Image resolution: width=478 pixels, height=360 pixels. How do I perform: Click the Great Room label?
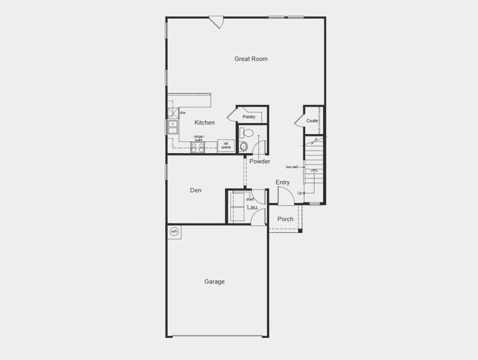tap(251, 59)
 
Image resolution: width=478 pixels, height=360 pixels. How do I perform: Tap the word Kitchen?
tap(205, 122)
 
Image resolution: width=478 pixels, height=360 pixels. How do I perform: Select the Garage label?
tap(214, 281)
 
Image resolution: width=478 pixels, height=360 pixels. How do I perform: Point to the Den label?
tap(196, 190)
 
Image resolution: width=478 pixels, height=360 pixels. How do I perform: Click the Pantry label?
tap(249, 116)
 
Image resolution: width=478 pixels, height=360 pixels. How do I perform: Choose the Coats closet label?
tap(312, 121)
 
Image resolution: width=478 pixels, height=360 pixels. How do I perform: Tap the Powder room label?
tap(260, 161)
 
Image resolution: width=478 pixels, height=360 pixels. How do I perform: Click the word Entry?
tap(282, 182)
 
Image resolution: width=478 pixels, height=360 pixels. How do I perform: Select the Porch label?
tap(285, 219)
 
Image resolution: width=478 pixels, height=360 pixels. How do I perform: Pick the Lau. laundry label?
tap(252, 207)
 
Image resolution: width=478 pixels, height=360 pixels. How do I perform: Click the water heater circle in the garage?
tap(175, 232)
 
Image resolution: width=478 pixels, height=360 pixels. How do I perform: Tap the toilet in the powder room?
tap(247, 133)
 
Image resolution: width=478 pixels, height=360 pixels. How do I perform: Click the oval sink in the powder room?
tap(243, 146)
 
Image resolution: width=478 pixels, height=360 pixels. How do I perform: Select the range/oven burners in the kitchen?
tap(198, 147)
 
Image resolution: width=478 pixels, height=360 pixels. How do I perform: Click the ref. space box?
tap(226, 145)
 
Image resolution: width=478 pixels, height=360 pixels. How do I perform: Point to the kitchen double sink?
tap(173, 127)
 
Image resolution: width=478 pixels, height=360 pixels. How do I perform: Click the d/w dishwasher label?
tap(182, 112)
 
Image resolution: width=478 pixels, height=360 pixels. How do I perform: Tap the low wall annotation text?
tap(292, 167)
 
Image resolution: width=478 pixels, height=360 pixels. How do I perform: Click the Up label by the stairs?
tap(299, 193)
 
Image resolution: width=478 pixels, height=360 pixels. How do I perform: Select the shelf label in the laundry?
tap(250, 199)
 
